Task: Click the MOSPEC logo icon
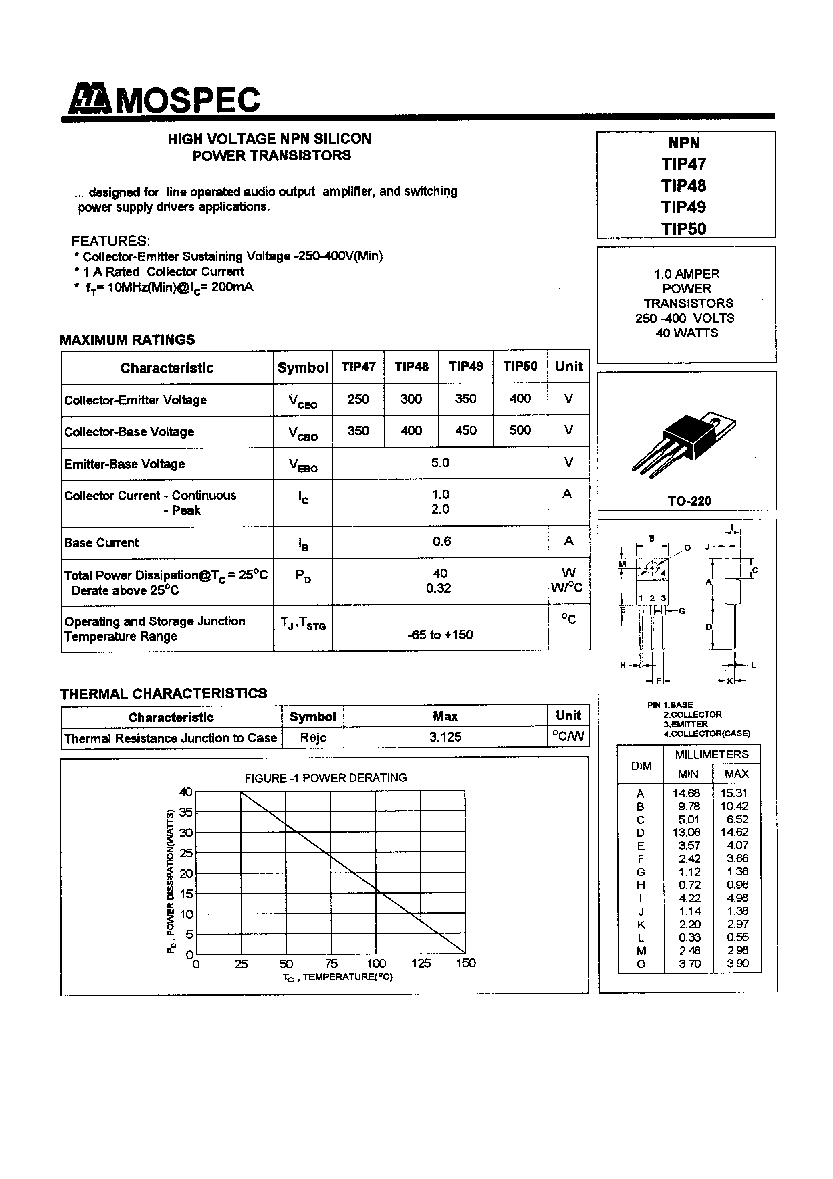[x=90, y=99]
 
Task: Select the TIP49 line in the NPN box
[x=683, y=207]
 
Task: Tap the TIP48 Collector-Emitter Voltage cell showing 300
[x=411, y=399]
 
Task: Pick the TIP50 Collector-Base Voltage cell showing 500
[x=520, y=430]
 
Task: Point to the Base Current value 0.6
[x=441, y=541]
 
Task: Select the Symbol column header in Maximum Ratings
[x=302, y=368]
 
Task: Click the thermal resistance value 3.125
[x=445, y=737]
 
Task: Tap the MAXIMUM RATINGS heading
[x=128, y=340]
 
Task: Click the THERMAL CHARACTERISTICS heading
[x=164, y=694]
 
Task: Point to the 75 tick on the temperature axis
[x=331, y=964]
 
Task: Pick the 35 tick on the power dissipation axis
[x=186, y=812]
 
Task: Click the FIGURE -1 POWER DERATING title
[x=326, y=778]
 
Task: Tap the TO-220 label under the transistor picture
[x=689, y=501]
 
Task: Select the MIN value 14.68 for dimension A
[x=686, y=794]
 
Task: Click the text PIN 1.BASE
[x=670, y=705]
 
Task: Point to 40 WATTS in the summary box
[x=687, y=333]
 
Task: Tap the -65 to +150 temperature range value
[x=440, y=635]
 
